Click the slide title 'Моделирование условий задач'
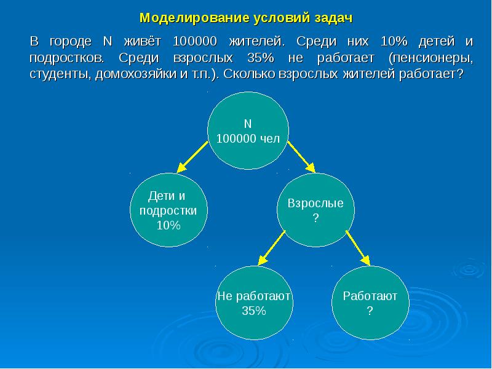tap(245, 17)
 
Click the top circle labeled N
tap(248, 131)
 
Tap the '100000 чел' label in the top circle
tap(248, 139)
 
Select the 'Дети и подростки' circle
tap(169, 210)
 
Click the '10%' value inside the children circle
tap(169, 225)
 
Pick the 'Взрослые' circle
tap(316, 210)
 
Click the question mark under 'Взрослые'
tap(316, 218)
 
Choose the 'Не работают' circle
tap(253, 303)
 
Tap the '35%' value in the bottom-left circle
tap(253, 311)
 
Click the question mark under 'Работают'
tap(370, 311)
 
